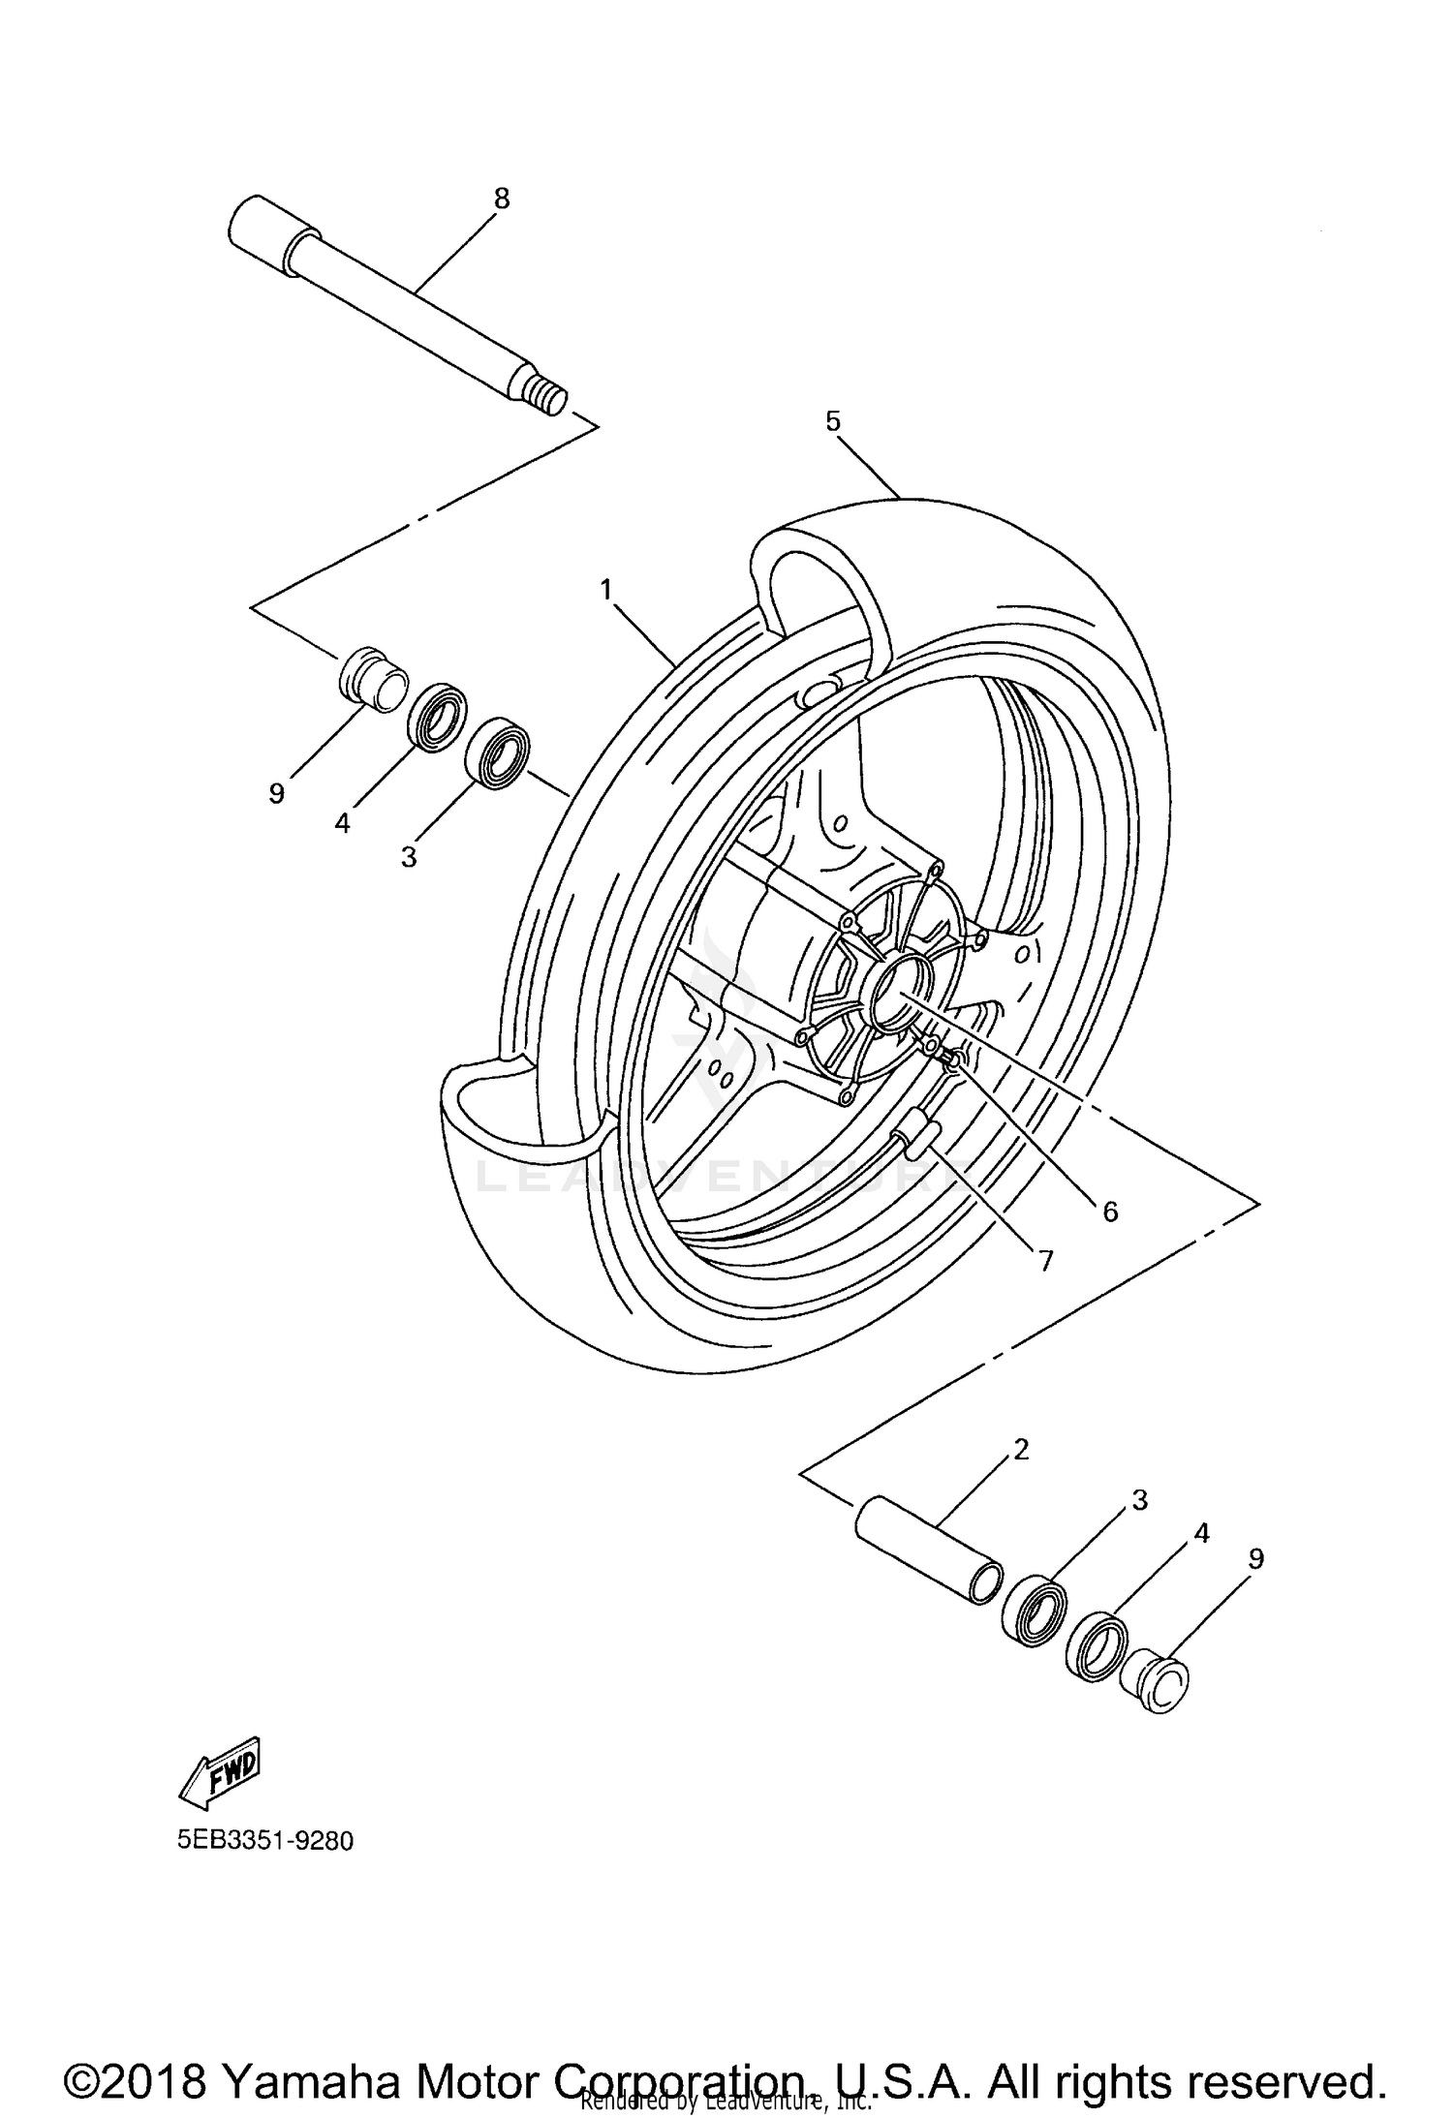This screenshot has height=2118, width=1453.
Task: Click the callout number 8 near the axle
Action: tap(501, 199)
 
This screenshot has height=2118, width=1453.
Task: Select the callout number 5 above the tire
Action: tap(833, 421)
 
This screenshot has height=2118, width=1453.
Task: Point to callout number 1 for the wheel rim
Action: tap(606, 589)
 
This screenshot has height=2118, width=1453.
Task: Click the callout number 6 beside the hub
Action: tap(1109, 1211)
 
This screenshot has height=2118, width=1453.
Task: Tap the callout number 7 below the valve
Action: tap(1045, 1260)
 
